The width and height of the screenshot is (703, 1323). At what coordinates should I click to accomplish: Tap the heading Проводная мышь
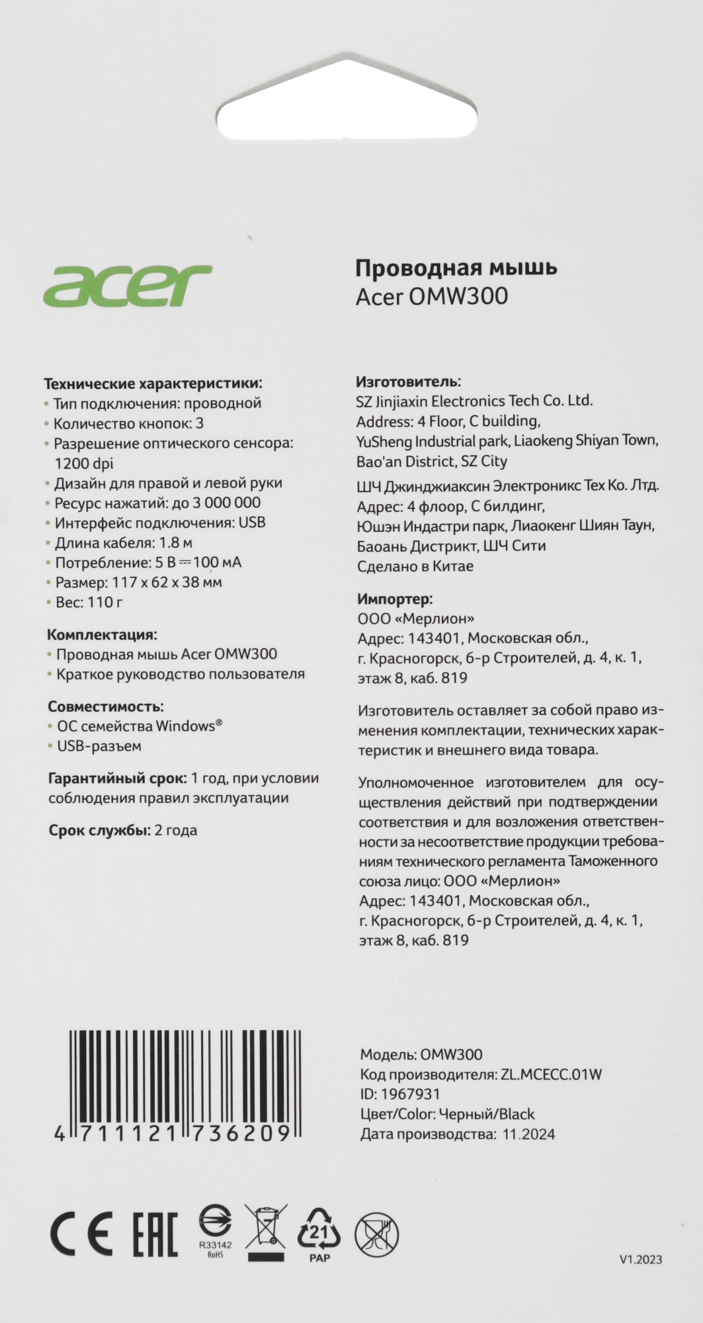click(456, 268)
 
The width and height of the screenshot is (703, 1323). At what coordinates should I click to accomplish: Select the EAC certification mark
click(155, 1234)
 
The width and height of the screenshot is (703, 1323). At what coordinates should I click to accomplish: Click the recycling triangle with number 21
click(319, 1230)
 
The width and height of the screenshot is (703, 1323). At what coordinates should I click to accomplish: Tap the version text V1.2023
click(640, 1260)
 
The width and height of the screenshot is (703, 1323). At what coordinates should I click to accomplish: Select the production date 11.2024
click(528, 1134)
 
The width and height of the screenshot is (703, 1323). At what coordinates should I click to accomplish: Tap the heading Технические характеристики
click(153, 383)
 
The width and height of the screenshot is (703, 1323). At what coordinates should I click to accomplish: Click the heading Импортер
click(395, 599)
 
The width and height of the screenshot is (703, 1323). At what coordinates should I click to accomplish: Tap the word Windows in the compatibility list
click(185, 726)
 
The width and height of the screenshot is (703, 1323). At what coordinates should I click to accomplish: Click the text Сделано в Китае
click(415, 566)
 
